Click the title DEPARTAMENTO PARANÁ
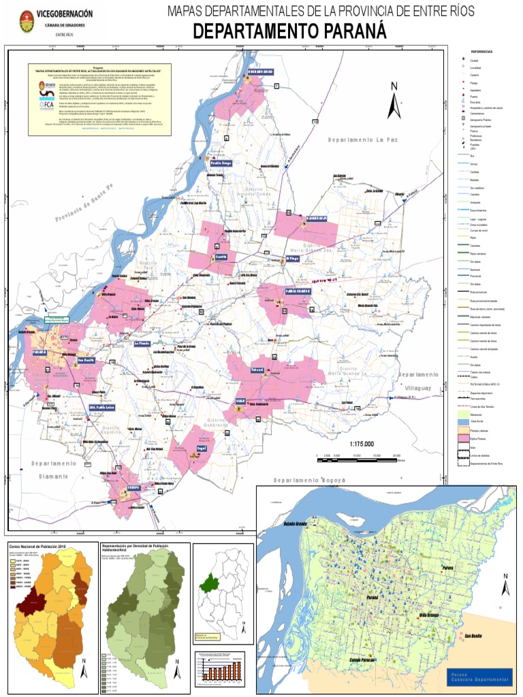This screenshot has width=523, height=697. coord(289,31)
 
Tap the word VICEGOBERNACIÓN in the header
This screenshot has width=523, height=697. coord(65,14)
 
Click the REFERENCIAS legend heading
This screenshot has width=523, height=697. coord(481,52)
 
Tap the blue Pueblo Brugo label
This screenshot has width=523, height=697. coord(221,164)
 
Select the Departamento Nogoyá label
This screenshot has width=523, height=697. coord(310,480)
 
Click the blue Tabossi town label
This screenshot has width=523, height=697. coord(257,368)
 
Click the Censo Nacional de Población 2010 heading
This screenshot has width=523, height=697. coord(35,547)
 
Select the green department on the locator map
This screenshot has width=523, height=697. coord(208,583)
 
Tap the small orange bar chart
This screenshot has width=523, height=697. coord(220,670)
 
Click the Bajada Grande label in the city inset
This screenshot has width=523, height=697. coord(296,523)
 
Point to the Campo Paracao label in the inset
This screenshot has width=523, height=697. coord(357,661)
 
